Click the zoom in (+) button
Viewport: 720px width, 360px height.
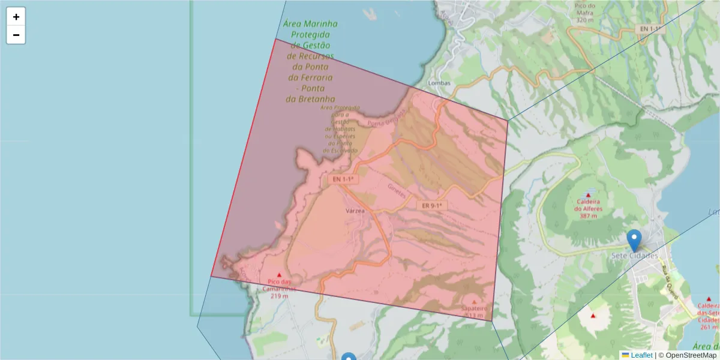click(x=16, y=17)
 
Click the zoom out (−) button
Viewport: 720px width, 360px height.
click(x=16, y=35)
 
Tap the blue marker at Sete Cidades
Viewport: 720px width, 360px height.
click(x=634, y=241)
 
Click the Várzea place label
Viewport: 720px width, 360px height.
click(x=355, y=211)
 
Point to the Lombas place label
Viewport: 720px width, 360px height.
click(x=439, y=83)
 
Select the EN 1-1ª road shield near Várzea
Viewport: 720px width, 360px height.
click(x=344, y=179)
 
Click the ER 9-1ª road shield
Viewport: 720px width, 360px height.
click(x=432, y=205)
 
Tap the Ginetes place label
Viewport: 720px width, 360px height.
click(x=397, y=191)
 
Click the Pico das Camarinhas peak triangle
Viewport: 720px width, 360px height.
click(x=279, y=275)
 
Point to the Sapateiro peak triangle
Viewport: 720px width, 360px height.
click(x=475, y=302)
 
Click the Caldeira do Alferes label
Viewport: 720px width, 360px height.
click(x=587, y=209)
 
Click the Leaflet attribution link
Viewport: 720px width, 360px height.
click(x=641, y=355)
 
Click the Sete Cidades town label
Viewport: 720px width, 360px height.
click(x=634, y=256)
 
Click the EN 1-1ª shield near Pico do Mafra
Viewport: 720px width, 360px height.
click(x=650, y=29)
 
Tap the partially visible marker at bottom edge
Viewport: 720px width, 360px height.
click(x=349, y=357)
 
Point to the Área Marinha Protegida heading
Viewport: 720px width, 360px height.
click(x=310, y=24)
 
